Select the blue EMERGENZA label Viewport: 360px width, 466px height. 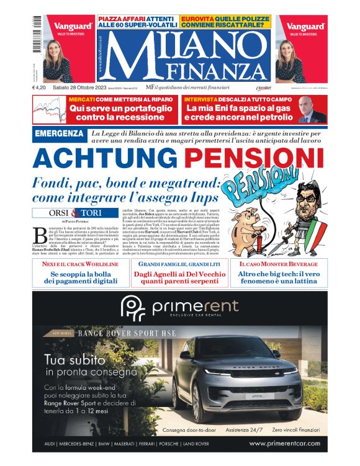tap(59, 134)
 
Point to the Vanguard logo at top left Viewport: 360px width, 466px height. tap(73, 26)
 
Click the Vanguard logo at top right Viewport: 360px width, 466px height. tap(305, 26)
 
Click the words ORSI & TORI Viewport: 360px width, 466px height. tap(75, 213)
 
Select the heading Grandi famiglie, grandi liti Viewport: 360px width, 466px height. tap(180, 264)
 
